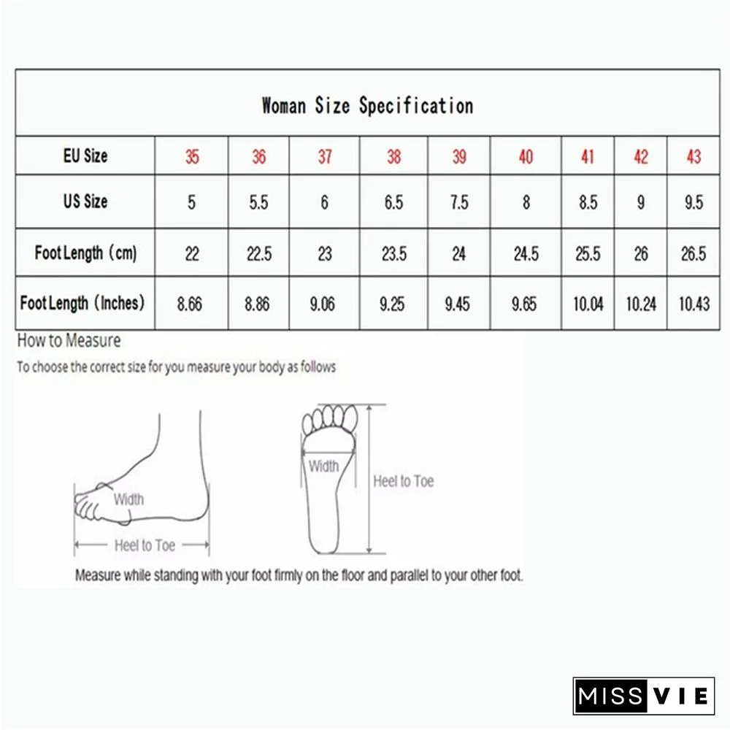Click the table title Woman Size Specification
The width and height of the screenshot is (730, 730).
[367, 106]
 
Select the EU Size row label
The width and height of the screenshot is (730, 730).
[85, 155]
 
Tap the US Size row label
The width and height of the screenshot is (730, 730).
[85, 201]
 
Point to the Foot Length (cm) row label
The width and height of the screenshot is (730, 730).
[85, 253]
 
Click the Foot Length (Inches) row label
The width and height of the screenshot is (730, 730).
[82, 302]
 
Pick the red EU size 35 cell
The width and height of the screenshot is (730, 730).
[191, 156]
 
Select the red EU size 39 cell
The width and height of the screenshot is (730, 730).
[458, 156]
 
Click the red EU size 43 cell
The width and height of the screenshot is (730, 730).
[693, 156]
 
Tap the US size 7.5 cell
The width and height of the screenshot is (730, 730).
[458, 202]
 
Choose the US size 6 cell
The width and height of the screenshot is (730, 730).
[325, 202]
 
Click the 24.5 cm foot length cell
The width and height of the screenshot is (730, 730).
[526, 253]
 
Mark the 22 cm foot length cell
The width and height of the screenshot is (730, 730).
[191, 253]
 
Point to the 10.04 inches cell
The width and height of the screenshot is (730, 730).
[588, 303]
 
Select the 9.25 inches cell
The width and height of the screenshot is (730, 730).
[393, 303]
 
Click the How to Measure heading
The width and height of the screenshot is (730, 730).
[69, 340]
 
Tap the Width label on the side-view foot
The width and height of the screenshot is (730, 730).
[128, 499]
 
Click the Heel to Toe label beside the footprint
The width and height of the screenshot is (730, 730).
[403, 481]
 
